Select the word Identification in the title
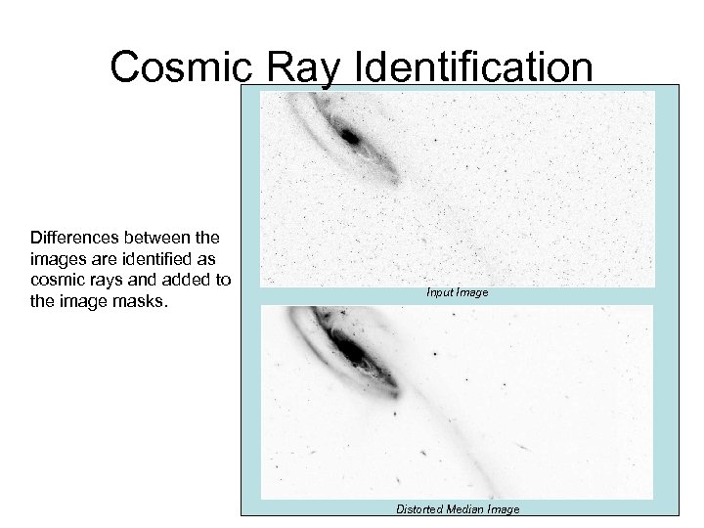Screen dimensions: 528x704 click(x=478, y=67)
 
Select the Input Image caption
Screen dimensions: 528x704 click(x=457, y=292)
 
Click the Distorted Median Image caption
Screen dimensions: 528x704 click(x=457, y=508)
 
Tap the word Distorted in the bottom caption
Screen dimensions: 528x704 click(x=419, y=508)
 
